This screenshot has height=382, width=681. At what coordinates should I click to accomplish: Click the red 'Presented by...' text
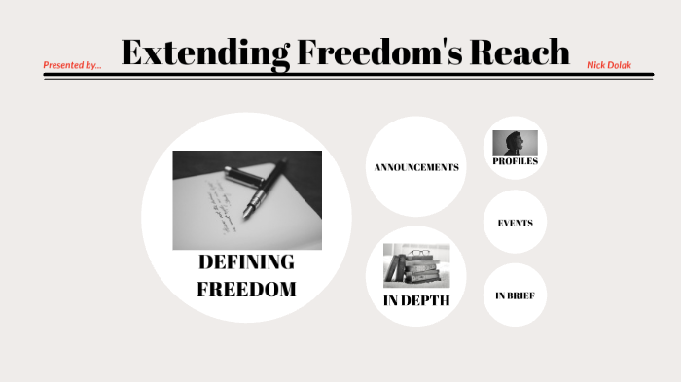point(72,65)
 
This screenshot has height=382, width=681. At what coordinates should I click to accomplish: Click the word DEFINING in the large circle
point(246,262)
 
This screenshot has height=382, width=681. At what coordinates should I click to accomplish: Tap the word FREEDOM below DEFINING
point(246,290)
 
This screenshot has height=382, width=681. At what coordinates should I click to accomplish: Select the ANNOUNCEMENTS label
point(415,167)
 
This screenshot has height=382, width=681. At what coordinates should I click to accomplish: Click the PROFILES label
point(515,161)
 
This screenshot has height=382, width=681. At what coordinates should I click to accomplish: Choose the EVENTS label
point(515,223)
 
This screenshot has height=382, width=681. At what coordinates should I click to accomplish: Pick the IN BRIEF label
point(515,295)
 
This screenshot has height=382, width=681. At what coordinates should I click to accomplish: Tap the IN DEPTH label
point(415,299)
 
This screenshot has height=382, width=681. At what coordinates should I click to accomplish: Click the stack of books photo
point(415,267)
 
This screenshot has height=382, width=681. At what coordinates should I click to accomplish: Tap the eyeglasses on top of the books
point(418,253)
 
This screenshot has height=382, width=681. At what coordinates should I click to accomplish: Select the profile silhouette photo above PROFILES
point(515,143)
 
